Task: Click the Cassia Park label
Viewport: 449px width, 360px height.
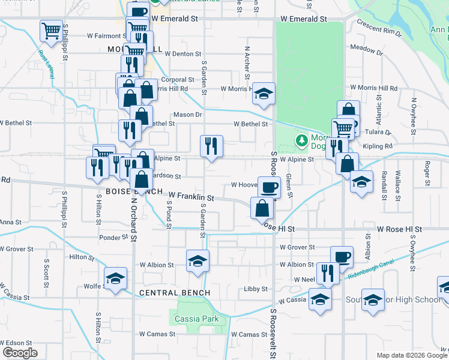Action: click(x=196, y=319)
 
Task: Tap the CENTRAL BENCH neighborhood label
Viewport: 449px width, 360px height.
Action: click(x=175, y=293)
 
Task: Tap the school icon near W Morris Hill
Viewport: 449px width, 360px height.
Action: click(x=264, y=94)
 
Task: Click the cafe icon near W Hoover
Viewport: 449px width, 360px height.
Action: click(x=269, y=187)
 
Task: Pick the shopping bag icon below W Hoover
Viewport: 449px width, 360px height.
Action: click(x=262, y=209)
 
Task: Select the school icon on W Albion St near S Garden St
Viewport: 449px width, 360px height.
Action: click(x=197, y=261)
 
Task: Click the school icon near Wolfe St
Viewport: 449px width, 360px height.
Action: click(x=115, y=278)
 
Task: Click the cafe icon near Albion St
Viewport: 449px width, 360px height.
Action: click(x=342, y=257)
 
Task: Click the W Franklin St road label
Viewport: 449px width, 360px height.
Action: click(x=191, y=196)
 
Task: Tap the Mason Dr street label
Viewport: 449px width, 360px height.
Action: click(x=187, y=115)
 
